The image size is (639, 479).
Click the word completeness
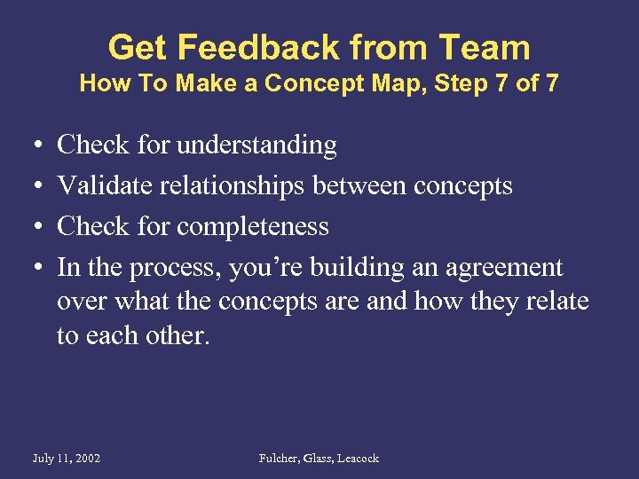253,226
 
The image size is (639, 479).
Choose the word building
380,267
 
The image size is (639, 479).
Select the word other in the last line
181,335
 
